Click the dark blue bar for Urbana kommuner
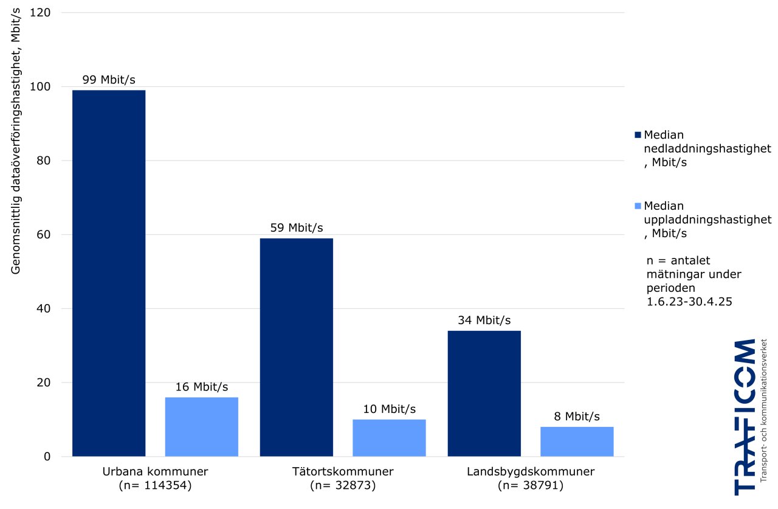tap(109, 273)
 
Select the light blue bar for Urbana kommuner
tap(202, 426)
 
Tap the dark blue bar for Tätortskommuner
tap(296, 347)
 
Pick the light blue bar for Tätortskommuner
tap(389, 438)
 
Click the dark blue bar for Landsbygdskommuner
tap(484, 393)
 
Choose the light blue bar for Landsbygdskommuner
tap(577, 441)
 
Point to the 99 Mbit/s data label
tap(109, 80)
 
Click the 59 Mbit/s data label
tap(296, 228)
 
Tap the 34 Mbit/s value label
tap(484, 320)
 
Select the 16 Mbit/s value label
tap(202, 387)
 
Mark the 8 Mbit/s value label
tap(577, 417)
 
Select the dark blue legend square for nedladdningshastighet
tap(638, 134)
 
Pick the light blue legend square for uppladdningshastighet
tap(638, 206)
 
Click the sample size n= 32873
tap(343, 486)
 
